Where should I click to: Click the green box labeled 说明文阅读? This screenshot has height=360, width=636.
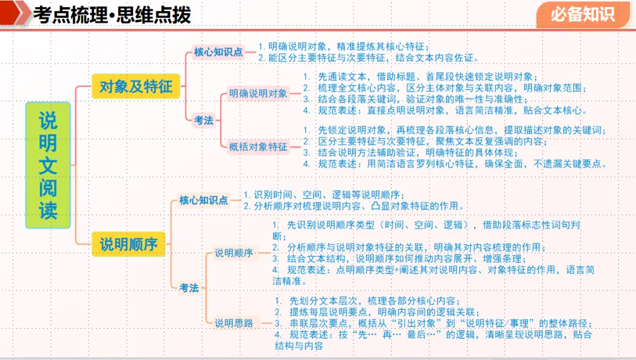[48, 165]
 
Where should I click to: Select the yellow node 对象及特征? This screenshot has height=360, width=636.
[136, 87]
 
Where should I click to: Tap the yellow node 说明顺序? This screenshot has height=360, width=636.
[129, 243]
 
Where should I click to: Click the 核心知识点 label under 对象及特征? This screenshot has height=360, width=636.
[218, 52]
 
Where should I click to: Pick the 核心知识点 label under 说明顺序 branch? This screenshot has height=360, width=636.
[204, 200]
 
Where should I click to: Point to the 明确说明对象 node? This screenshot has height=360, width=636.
[259, 93]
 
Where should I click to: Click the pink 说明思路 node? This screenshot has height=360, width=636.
[234, 323]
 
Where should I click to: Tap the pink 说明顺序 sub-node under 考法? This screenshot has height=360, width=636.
[234, 253]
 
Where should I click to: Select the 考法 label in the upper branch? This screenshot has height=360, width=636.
[204, 120]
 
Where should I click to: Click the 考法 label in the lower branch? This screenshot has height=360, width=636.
[189, 288]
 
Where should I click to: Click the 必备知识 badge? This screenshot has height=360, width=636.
[582, 14]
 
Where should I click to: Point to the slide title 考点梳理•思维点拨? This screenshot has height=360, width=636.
[112, 15]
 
